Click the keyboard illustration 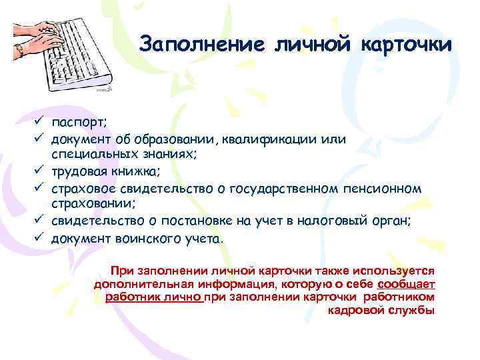click(x=63, y=49)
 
